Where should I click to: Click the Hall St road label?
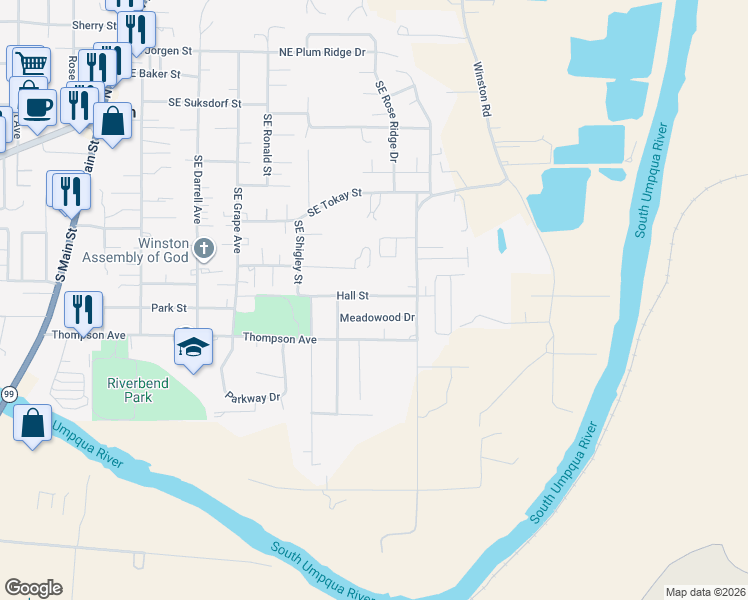click(x=352, y=296)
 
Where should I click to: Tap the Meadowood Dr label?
click(x=377, y=318)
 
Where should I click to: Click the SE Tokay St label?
click(x=333, y=205)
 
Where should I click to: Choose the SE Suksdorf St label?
click(x=205, y=103)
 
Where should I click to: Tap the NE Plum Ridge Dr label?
click(x=322, y=52)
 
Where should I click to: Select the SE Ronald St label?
click(x=267, y=145)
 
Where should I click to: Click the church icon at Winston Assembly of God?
click(x=204, y=248)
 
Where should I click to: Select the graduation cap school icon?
click(x=192, y=346)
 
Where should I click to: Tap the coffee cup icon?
click(x=37, y=106)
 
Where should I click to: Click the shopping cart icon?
click(x=30, y=63)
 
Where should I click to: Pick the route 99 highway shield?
click(x=8, y=393)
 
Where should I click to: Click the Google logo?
click(x=33, y=588)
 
